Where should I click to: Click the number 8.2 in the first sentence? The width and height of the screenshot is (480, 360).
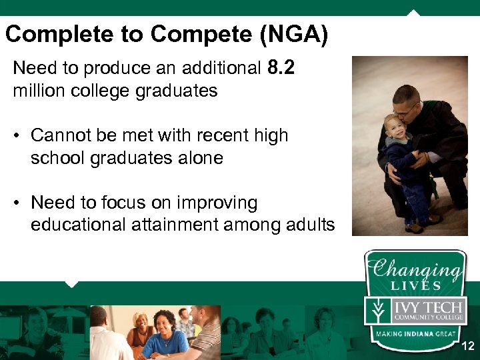tap(281, 67)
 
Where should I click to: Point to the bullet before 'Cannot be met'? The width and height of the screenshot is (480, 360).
tap(17, 136)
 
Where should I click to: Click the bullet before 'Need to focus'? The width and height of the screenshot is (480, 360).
tap(17, 203)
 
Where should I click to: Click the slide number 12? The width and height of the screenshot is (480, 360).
tap(467, 347)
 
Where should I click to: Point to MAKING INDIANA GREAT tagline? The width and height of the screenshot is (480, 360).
tap(415, 333)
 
